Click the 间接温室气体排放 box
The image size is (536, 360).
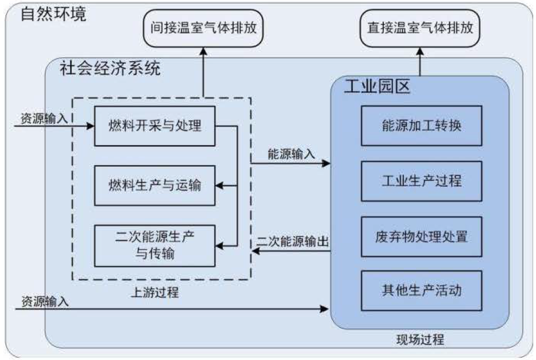pos(203,28)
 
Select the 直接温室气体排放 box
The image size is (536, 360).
pos(420,28)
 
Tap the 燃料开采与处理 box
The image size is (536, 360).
pos(154,126)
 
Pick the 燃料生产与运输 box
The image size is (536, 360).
pos(154,185)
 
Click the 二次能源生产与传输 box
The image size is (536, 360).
pos(154,244)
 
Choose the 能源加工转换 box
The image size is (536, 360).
pos(421,126)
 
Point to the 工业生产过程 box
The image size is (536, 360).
pos(421,180)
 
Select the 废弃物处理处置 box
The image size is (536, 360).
pos(421,236)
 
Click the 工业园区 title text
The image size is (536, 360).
pos(377,85)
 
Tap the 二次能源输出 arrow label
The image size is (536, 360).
pos(293,242)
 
